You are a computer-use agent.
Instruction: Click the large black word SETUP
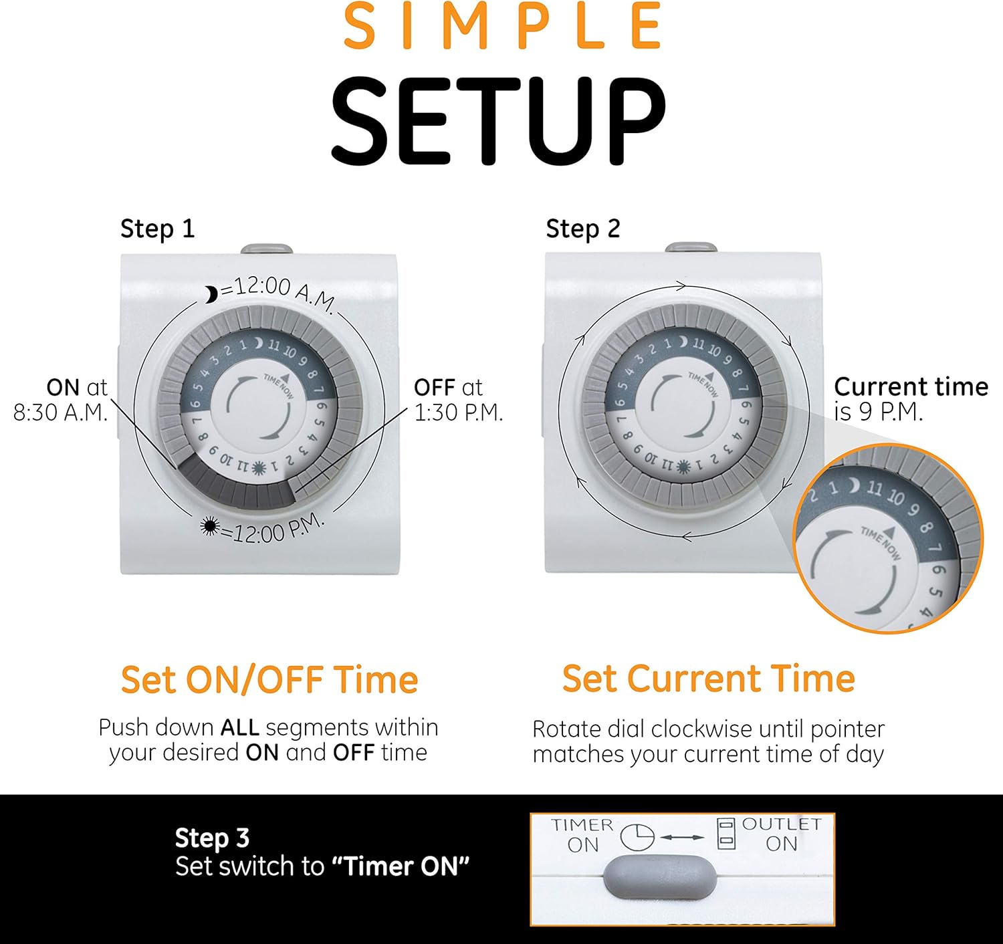point(498,122)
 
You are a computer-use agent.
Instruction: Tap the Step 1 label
point(158,229)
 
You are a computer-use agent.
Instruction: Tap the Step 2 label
point(583,229)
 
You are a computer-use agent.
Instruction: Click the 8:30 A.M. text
point(61,412)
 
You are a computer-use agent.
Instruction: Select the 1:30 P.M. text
point(459,412)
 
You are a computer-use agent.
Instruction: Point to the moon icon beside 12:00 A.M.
point(211,294)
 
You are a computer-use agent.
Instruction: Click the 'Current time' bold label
point(911,387)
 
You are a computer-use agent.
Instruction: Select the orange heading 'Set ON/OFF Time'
point(269,679)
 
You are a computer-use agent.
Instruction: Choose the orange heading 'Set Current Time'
point(709,678)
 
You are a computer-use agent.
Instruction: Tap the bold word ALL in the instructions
point(240,728)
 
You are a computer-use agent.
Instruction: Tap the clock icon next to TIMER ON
point(637,838)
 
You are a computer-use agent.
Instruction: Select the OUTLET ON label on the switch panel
point(781,834)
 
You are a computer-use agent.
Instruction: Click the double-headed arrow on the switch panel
point(682,838)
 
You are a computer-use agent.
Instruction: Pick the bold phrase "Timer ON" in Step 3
point(401,866)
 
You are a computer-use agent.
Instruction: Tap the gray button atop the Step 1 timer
point(267,249)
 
